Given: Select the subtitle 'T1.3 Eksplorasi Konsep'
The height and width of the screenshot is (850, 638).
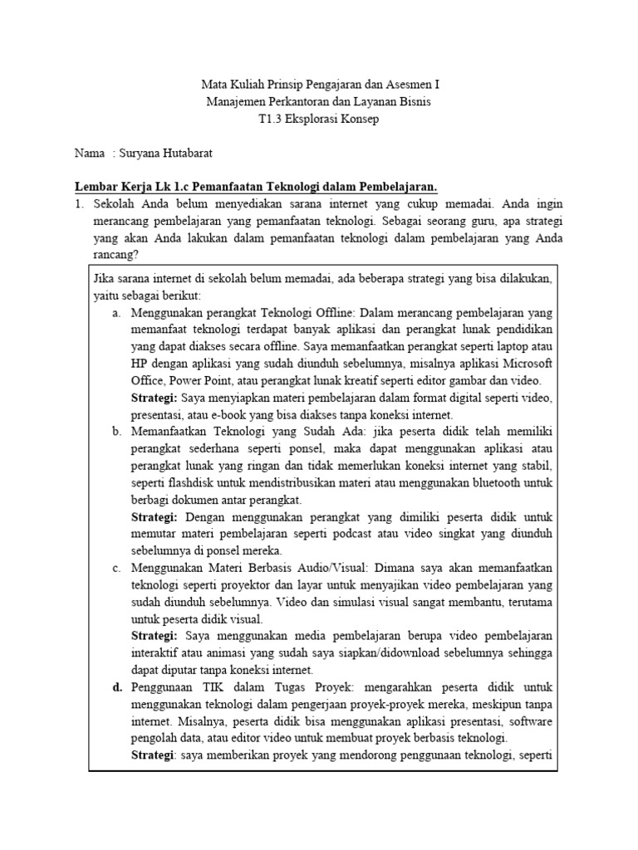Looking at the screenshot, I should pyautogui.click(x=319, y=119).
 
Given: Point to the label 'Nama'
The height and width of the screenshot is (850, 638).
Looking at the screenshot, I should pyautogui.click(x=90, y=154).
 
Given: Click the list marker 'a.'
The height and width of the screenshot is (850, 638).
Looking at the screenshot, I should pyautogui.click(x=116, y=313).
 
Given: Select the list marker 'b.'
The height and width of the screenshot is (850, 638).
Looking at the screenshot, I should pyautogui.click(x=116, y=432).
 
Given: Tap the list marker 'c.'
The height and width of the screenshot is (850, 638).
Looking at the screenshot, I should pyautogui.click(x=116, y=568).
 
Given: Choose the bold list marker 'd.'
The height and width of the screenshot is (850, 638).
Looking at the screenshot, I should pyautogui.click(x=116, y=687).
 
